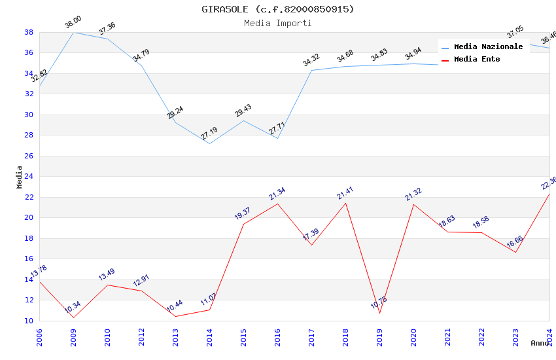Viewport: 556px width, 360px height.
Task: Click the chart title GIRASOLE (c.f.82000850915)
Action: [278, 9]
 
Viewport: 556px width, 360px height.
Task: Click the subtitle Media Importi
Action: [278, 23]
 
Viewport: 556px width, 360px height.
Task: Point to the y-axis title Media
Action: [20, 177]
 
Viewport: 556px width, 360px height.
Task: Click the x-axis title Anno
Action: [540, 343]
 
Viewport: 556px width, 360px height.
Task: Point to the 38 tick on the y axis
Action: [29, 32]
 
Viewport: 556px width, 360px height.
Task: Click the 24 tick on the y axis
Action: [29, 177]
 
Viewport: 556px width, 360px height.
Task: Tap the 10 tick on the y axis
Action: [29, 321]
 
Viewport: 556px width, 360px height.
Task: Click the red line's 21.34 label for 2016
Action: [277, 194]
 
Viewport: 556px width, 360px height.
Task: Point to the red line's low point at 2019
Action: [379, 313]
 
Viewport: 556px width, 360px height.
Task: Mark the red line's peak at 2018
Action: [345, 203]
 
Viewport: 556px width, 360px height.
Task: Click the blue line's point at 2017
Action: [311, 70]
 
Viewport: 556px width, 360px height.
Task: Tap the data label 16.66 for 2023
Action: [515, 243]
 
